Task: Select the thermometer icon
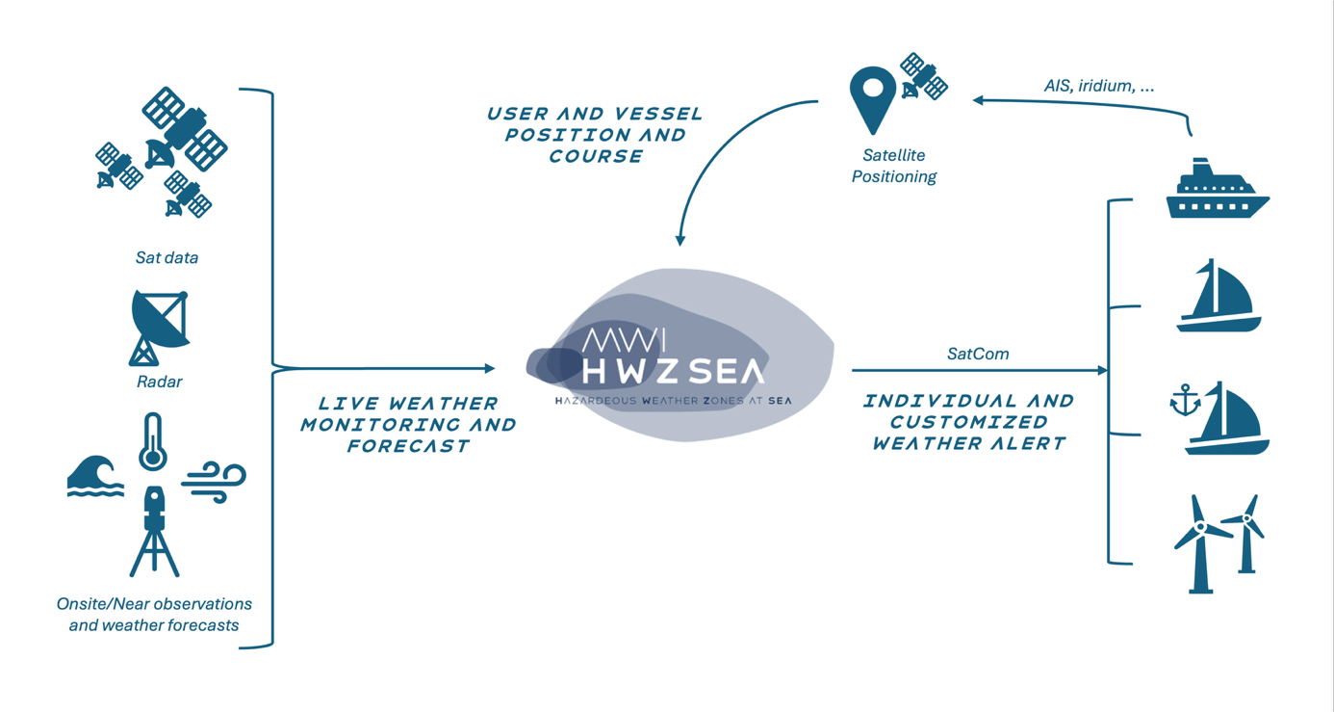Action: coord(152,442)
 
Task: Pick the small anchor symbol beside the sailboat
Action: coord(1185,400)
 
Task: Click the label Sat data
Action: coord(167,258)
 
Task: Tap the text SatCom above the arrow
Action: coord(978,354)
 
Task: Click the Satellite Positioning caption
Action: coord(894,166)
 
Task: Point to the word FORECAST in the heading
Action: coord(408,446)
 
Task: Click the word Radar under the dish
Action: coord(159,382)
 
